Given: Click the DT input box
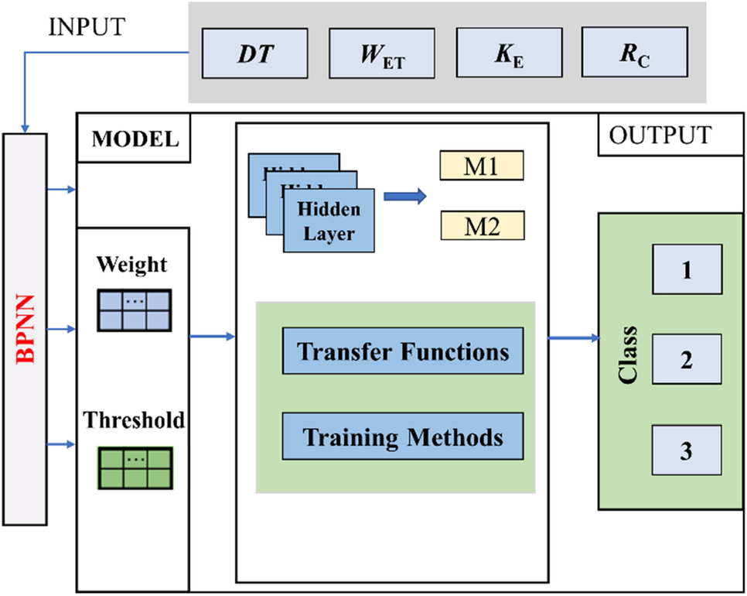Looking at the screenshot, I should pyautogui.click(x=254, y=53).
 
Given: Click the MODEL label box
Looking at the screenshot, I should pyautogui.click(x=134, y=140).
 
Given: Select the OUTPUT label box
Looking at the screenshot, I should pyautogui.click(x=660, y=135).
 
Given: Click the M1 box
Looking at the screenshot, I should pyautogui.click(x=482, y=166).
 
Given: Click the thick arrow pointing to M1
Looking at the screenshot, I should pyautogui.click(x=405, y=197).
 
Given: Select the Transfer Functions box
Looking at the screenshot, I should pyautogui.click(x=403, y=351).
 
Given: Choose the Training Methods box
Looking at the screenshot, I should pyautogui.click(x=403, y=437).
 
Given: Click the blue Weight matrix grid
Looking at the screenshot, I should pyautogui.click(x=135, y=311).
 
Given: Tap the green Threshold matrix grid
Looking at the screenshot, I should pyautogui.click(x=135, y=468).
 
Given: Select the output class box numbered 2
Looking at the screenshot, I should pyautogui.click(x=687, y=360).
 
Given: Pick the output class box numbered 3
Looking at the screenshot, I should pyautogui.click(x=687, y=450).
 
